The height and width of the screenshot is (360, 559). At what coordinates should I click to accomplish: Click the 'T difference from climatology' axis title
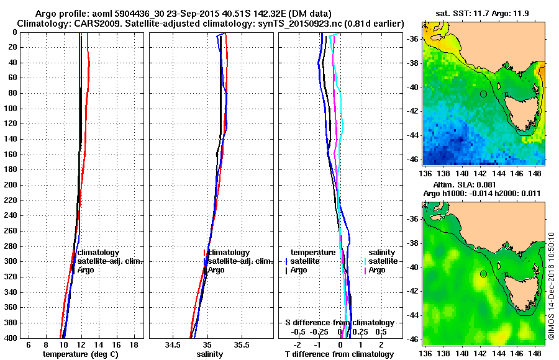tap(339, 354)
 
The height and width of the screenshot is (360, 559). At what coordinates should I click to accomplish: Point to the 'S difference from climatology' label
tap(339, 323)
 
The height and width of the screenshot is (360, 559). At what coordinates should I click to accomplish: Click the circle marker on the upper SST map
tap(483, 94)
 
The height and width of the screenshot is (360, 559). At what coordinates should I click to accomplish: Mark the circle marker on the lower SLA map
tap(483, 274)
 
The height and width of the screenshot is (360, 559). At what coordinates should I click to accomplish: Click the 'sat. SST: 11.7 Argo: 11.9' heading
tap(483, 12)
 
